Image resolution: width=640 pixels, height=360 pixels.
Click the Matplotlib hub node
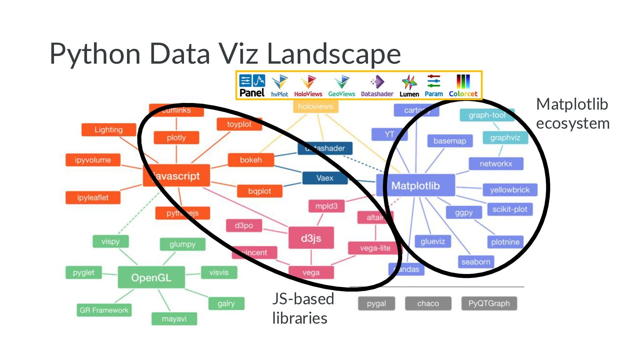(415, 185)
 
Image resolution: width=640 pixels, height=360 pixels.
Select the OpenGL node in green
(151, 277)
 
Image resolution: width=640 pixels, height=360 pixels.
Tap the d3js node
(311, 238)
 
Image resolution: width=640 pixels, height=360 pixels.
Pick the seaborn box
(476, 262)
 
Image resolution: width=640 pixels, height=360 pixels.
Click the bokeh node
(251, 160)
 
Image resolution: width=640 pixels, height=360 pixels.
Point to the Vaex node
(325, 178)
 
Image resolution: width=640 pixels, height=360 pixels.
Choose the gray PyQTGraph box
(489, 303)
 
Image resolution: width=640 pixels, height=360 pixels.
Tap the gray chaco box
(428, 303)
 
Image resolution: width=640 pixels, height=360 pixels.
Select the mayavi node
(174, 319)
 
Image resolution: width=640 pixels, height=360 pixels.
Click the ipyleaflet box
(93, 197)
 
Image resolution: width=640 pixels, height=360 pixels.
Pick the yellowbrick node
(510, 190)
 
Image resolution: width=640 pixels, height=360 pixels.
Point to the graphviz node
(505, 138)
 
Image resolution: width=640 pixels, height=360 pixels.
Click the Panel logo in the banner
(252, 85)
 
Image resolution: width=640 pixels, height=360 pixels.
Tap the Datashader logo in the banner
(377, 85)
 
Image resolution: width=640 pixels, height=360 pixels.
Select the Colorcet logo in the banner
(463, 85)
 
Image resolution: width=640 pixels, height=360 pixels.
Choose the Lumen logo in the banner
(409, 86)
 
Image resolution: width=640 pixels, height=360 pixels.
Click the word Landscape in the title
(334, 53)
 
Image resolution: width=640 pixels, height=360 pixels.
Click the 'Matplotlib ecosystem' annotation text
(572, 114)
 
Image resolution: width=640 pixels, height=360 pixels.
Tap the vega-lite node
(375, 248)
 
